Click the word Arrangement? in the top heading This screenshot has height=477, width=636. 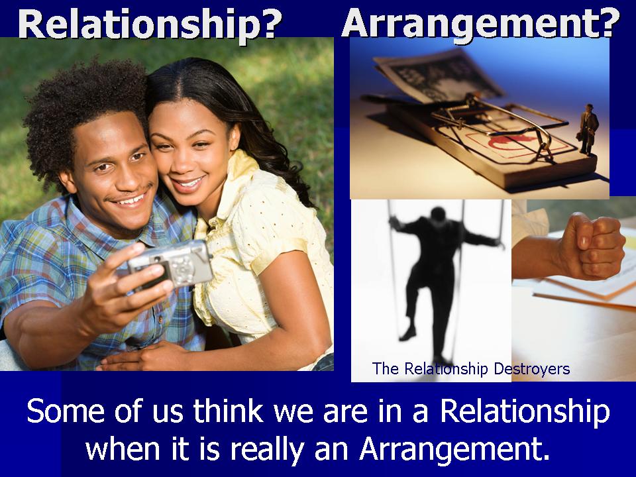pyautogui.click(x=481, y=25)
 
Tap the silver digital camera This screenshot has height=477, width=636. pyautogui.click(x=170, y=265)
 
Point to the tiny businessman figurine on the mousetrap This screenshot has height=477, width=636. pyautogui.click(x=588, y=129)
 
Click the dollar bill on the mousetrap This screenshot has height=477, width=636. pyautogui.click(x=438, y=77)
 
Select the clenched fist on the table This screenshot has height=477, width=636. pyautogui.click(x=592, y=246)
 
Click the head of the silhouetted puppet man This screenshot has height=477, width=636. pyautogui.click(x=438, y=215)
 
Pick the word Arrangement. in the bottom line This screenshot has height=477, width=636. pyautogui.click(x=454, y=449)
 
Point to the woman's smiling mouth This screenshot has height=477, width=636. pyautogui.click(x=189, y=183)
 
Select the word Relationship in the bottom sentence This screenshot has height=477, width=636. pyautogui.click(x=525, y=411)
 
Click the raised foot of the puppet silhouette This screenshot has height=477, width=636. pyautogui.click(x=407, y=334)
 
